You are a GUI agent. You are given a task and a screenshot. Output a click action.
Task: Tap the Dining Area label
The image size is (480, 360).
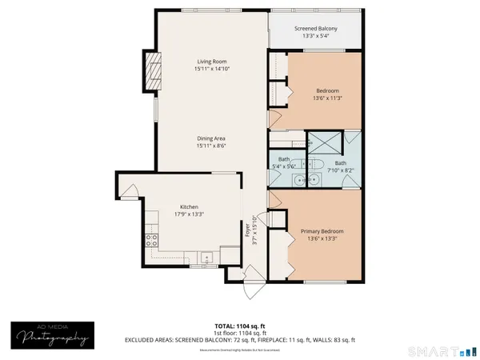point(211,138)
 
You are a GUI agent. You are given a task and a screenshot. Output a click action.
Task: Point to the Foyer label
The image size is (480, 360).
point(248,230)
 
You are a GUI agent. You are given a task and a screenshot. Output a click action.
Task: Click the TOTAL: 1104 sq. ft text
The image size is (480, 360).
point(239,325)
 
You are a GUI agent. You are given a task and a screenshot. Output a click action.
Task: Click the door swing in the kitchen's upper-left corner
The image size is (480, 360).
point(130,193)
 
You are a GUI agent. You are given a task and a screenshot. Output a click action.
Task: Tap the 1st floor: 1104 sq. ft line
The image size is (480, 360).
point(239,332)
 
